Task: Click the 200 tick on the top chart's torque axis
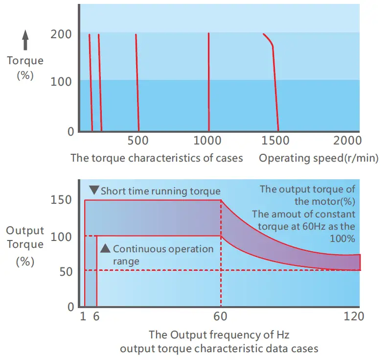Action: (61, 34)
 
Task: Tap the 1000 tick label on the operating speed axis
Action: (208, 141)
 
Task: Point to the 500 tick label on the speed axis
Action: (138, 141)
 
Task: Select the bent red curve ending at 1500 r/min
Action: (274, 83)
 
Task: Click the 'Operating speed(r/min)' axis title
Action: (319, 158)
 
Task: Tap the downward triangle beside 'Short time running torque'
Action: (94, 191)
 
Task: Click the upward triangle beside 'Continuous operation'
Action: (105, 248)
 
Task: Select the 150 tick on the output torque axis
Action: (62, 200)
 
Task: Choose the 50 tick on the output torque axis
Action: (66, 270)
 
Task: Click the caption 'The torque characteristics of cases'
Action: (157, 158)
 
